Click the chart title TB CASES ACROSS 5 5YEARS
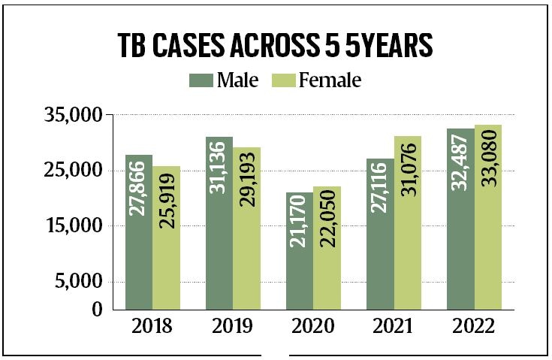(x=276, y=47)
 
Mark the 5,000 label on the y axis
(x=80, y=282)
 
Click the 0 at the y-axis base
(x=97, y=309)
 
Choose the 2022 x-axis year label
(x=474, y=328)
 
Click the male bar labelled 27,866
(x=139, y=232)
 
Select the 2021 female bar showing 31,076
(x=408, y=222)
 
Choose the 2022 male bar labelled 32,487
(x=460, y=219)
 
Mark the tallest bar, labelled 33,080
(x=487, y=217)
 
